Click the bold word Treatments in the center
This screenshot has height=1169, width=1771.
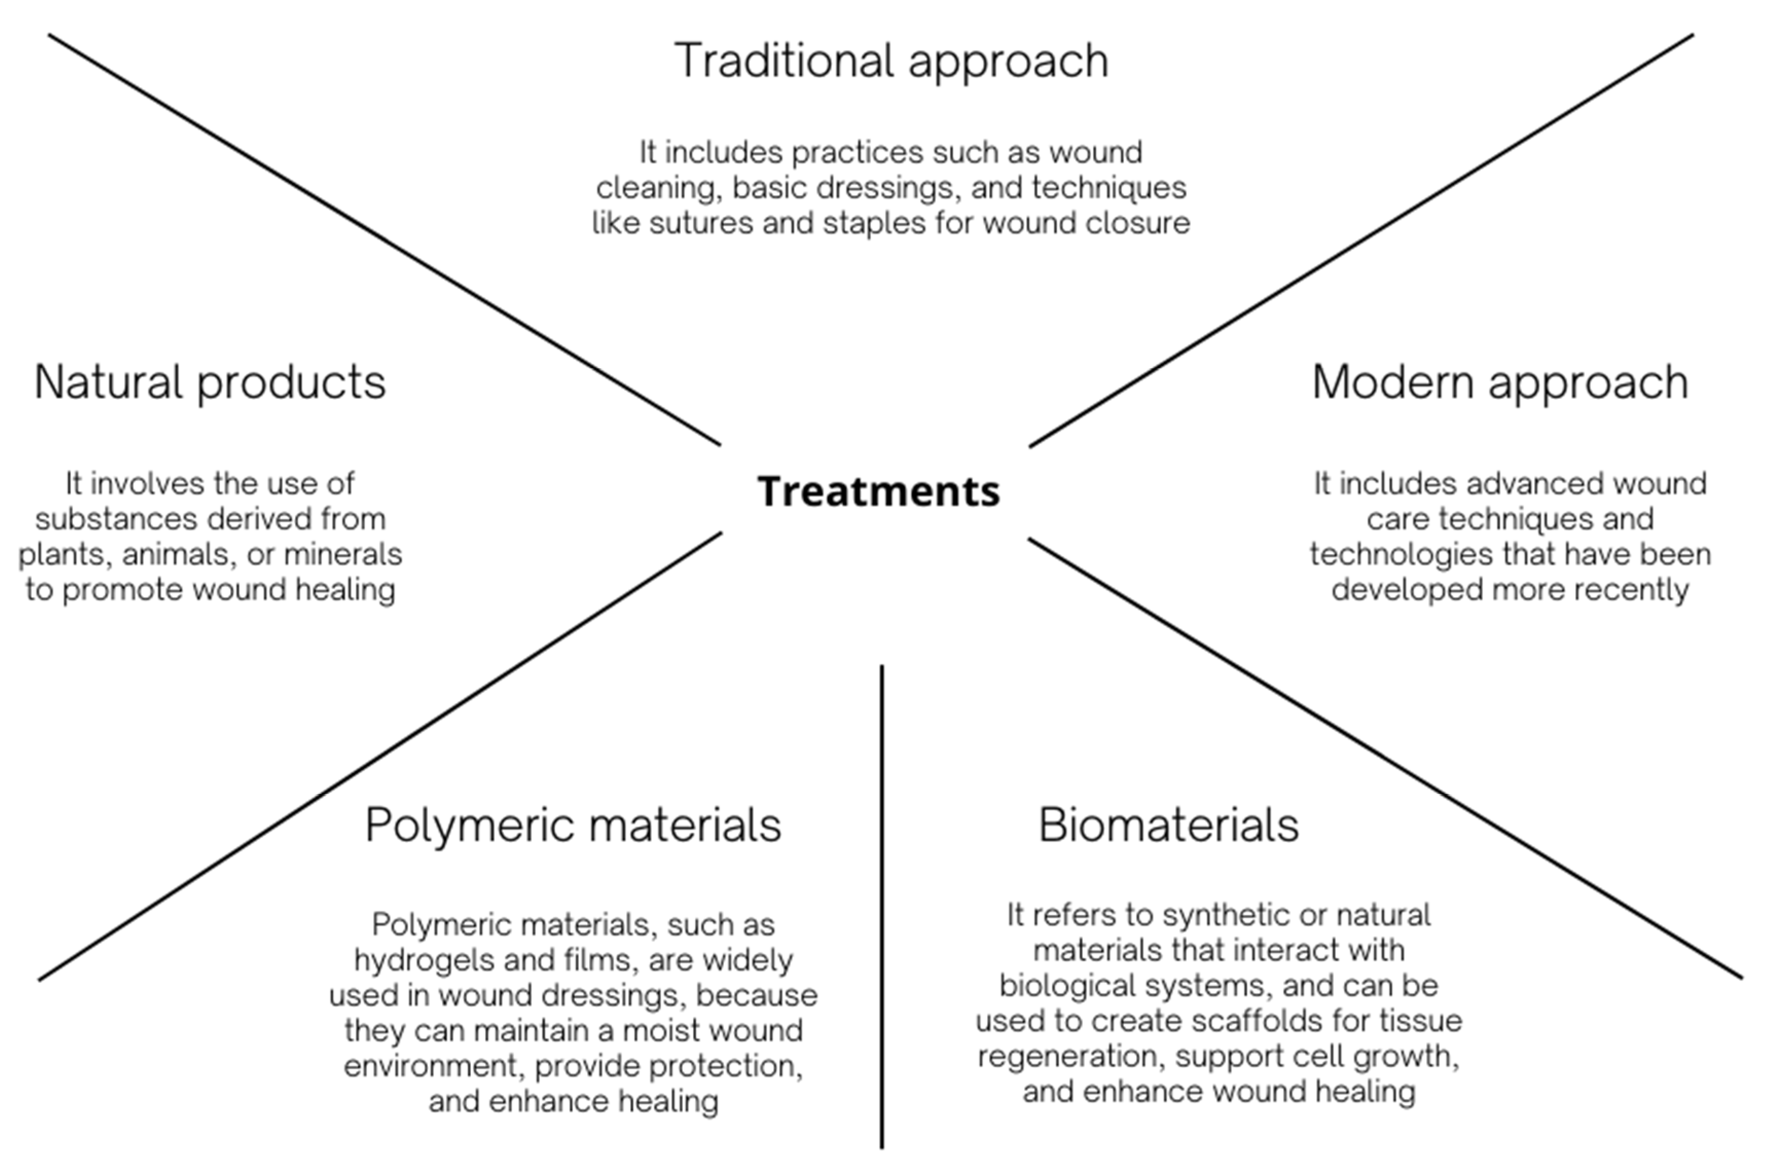pyautogui.click(x=878, y=491)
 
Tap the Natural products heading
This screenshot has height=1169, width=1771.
pyautogui.click(x=210, y=382)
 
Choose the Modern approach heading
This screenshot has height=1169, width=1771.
pyautogui.click(x=1500, y=382)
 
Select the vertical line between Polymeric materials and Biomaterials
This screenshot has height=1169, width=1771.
pyautogui.click(x=882, y=894)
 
